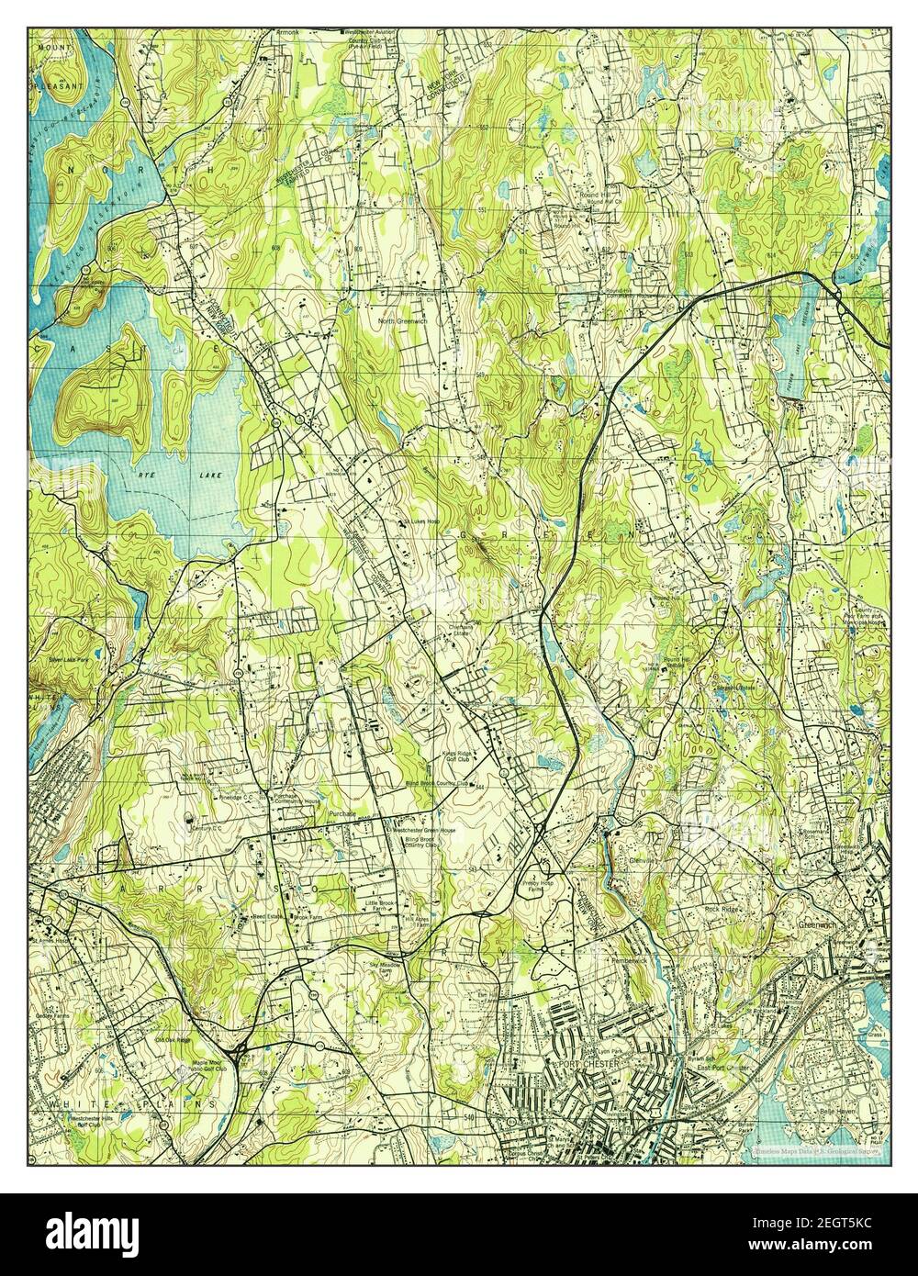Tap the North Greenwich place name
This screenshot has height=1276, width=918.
click(x=406, y=321)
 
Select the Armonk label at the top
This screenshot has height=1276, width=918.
click(x=287, y=32)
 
